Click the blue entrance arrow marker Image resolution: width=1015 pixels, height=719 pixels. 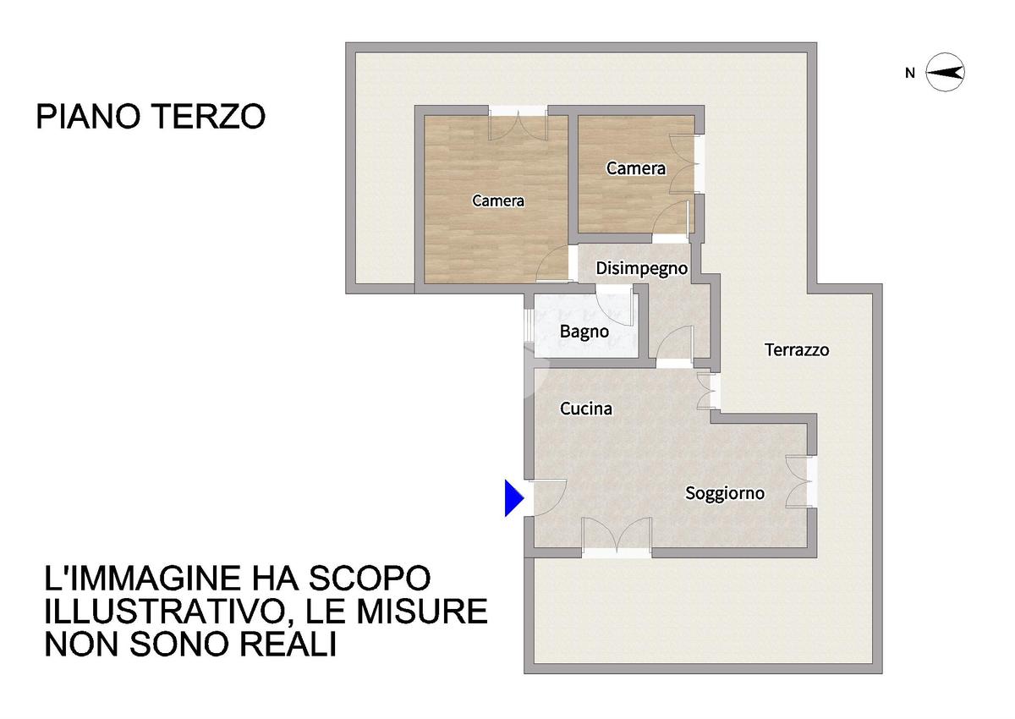(x=514, y=498)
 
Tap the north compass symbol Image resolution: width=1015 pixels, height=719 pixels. (x=945, y=73)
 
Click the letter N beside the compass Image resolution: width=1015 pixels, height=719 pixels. (x=910, y=73)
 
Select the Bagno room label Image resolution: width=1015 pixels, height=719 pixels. (x=584, y=332)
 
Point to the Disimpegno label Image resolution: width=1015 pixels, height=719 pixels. (x=642, y=268)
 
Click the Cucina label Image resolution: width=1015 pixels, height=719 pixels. (x=586, y=409)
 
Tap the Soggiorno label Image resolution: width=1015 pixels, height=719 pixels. (x=725, y=493)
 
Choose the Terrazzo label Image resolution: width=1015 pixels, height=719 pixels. (x=797, y=349)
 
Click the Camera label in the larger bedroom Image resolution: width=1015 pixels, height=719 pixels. (x=498, y=200)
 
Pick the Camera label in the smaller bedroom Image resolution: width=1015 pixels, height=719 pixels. (x=636, y=168)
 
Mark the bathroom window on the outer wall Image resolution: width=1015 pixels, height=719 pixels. (x=529, y=324)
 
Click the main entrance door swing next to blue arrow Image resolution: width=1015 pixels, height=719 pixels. (x=549, y=497)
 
